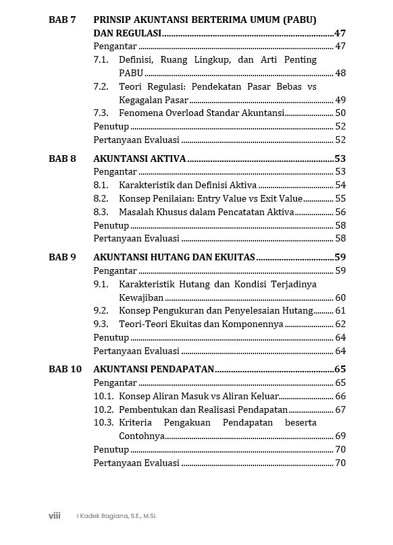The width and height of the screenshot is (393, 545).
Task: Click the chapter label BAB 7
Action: tap(62, 20)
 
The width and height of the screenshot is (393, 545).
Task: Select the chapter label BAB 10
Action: tap(65, 369)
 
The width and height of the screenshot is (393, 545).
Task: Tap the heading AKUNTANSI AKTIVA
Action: tap(139, 159)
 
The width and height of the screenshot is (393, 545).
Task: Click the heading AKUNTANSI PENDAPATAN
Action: tap(153, 369)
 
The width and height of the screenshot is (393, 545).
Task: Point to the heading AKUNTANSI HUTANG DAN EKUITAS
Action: tap(174, 257)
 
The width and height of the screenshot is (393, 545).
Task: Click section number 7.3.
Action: tap(101, 113)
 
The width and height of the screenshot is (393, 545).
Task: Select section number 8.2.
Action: tap(101, 198)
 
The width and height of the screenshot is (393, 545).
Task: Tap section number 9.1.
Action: tap(101, 284)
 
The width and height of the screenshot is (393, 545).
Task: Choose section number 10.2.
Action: tap(103, 409)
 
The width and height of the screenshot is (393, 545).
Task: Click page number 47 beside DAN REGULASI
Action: tap(340, 33)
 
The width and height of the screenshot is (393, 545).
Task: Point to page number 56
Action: tap(340, 212)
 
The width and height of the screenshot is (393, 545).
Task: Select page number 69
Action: tap(340, 436)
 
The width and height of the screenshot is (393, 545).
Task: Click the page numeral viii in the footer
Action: tap(55, 516)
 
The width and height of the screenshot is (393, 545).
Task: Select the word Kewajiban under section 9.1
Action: tap(141, 297)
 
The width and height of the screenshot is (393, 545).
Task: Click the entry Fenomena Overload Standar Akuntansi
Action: tap(201, 113)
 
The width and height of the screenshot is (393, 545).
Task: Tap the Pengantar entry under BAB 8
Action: tap(115, 171)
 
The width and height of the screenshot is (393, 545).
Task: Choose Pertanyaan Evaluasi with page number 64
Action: tap(136, 351)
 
